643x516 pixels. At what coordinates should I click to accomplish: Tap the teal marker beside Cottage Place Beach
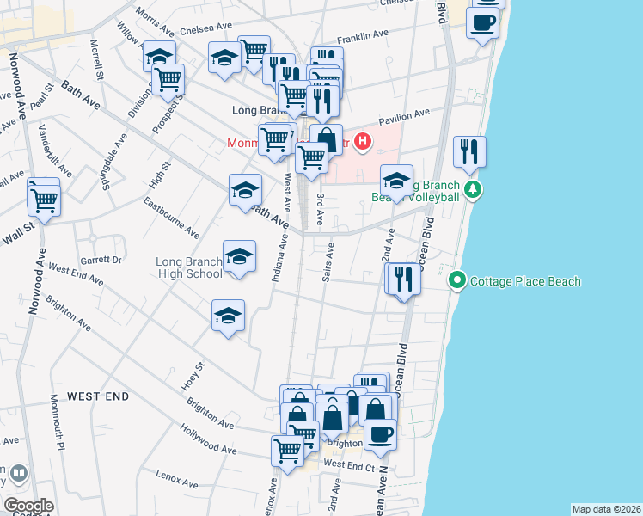457,281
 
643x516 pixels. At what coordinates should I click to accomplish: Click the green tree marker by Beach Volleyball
471,188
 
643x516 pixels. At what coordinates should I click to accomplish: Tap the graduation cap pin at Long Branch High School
239,256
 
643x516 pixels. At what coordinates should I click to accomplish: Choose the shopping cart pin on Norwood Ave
44,200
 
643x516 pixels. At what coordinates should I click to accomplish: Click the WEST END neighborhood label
98,396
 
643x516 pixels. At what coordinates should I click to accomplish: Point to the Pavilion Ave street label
399,114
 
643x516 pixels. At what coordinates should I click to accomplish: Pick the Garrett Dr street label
102,259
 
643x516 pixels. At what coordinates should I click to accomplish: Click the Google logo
28,506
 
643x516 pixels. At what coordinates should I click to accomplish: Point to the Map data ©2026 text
606,509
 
